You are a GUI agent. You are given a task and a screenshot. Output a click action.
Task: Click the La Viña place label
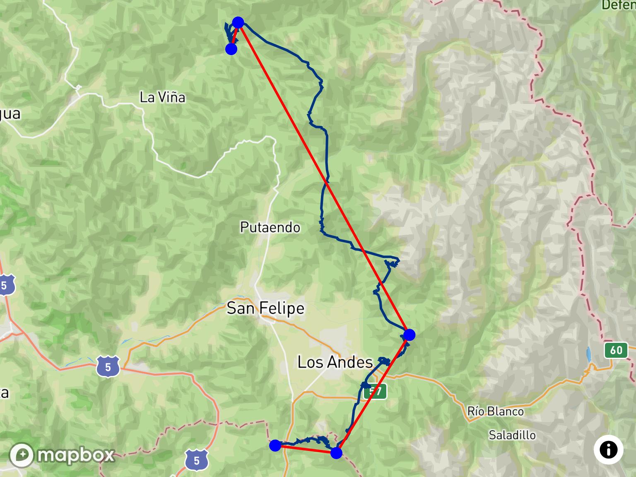(162, 98)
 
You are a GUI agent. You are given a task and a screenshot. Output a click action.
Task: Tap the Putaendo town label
(270, 227)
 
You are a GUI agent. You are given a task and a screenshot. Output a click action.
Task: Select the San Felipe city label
(265, 308)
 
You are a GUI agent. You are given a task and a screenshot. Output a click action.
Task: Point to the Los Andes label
(335, 362)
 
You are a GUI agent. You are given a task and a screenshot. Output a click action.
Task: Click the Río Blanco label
(495, 411)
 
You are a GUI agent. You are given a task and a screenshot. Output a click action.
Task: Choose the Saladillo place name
(512, 435)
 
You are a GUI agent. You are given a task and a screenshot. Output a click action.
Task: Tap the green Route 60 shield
(616, 350)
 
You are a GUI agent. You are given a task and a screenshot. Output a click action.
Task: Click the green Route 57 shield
(375, 391)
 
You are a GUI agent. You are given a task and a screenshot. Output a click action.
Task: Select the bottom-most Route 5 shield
(196, 460)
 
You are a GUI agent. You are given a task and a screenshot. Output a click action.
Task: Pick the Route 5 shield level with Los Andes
(108, 366)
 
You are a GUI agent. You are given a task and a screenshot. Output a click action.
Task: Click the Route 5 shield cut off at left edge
(5, 285)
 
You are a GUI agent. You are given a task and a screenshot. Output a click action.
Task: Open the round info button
(608, 450)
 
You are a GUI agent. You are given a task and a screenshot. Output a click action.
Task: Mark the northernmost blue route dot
(238, 22)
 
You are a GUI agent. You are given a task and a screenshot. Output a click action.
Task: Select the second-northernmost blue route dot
(231, 49)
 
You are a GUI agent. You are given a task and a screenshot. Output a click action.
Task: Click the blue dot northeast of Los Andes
(409, 335)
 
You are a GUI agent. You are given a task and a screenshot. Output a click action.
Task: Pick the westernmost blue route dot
(275, 446)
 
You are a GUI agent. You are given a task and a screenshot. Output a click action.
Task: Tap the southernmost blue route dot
(337, 453)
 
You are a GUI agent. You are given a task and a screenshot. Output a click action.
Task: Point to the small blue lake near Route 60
(588, 353)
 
